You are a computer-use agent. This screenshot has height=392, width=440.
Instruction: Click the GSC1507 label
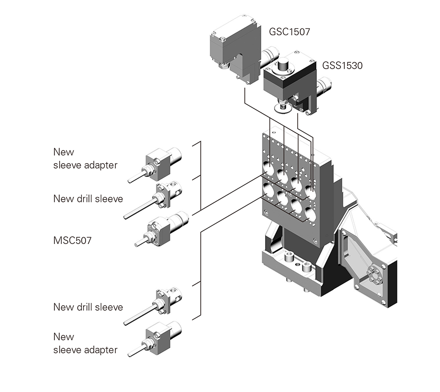[290, 33]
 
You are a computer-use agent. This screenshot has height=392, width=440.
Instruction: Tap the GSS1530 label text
[342, 65]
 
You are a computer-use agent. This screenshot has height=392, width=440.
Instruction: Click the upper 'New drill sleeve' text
[88, 198]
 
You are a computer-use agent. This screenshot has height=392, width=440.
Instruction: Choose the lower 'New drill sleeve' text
[88, 307]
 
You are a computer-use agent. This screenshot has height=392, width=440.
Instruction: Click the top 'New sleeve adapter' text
[85, 158]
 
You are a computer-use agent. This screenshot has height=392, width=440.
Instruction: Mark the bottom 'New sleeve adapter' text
[85, 343]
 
